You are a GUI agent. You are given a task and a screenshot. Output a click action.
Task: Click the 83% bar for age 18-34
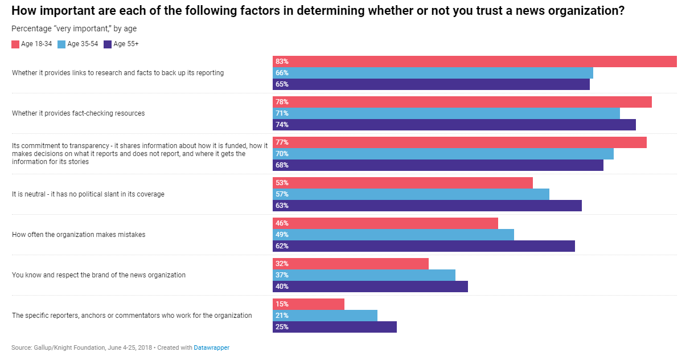tap(474, 62)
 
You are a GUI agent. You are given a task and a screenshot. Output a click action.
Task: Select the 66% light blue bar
tap(433, 73)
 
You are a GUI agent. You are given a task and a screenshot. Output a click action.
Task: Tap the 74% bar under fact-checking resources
tap(454, 125)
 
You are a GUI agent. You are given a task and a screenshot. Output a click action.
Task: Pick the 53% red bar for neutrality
tap(402, 183)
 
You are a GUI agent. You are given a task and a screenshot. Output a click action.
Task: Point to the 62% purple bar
tap(424, 246)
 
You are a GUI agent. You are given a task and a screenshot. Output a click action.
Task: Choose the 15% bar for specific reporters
tap(309, 304)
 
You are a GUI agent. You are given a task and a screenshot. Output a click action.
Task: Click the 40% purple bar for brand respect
tap(370, 287)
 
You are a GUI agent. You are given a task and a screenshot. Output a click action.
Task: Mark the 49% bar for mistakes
tap(393, 235)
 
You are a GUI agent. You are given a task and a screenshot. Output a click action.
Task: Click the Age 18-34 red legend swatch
tap(15, 44)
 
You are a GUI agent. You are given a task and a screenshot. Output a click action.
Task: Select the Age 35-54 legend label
tap(83, 44)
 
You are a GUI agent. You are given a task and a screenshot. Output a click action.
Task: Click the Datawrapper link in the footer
tap(211, 347)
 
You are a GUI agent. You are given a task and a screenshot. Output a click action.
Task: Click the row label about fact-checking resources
tap(79, 113)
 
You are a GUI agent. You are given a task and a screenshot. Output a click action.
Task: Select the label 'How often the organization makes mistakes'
tap(79, 235)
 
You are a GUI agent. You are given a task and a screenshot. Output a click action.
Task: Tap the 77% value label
tap(282, 142)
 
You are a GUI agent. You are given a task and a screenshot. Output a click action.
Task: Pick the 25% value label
tap(282, 327)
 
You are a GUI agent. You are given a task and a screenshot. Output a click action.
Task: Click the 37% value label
tap(282, 275)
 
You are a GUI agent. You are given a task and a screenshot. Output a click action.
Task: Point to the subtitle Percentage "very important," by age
tap(74, 28)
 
